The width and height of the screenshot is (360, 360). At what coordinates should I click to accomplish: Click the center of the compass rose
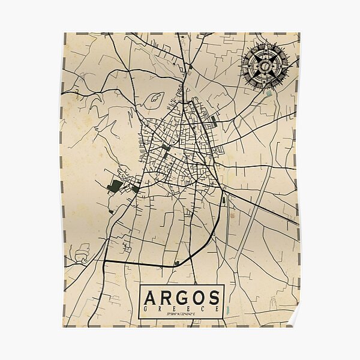point(264,64)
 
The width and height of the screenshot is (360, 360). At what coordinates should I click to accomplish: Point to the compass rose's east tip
point(287,64)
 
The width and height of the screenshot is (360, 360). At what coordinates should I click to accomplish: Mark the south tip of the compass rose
point(264,88)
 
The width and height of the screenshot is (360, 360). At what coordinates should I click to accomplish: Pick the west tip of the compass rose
point(241,64)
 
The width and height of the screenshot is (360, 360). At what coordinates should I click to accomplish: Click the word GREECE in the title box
point(182,308)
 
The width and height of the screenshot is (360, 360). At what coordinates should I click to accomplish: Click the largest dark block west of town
point(115,185)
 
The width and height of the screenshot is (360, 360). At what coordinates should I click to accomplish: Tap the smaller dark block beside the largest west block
point(136,188)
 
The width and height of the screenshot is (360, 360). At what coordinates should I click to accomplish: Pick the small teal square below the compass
point(269,93)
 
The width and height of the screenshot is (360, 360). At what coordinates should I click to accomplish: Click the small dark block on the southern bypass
point(176,263)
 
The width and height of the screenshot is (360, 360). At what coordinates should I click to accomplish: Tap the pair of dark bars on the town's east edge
point(214,122)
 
